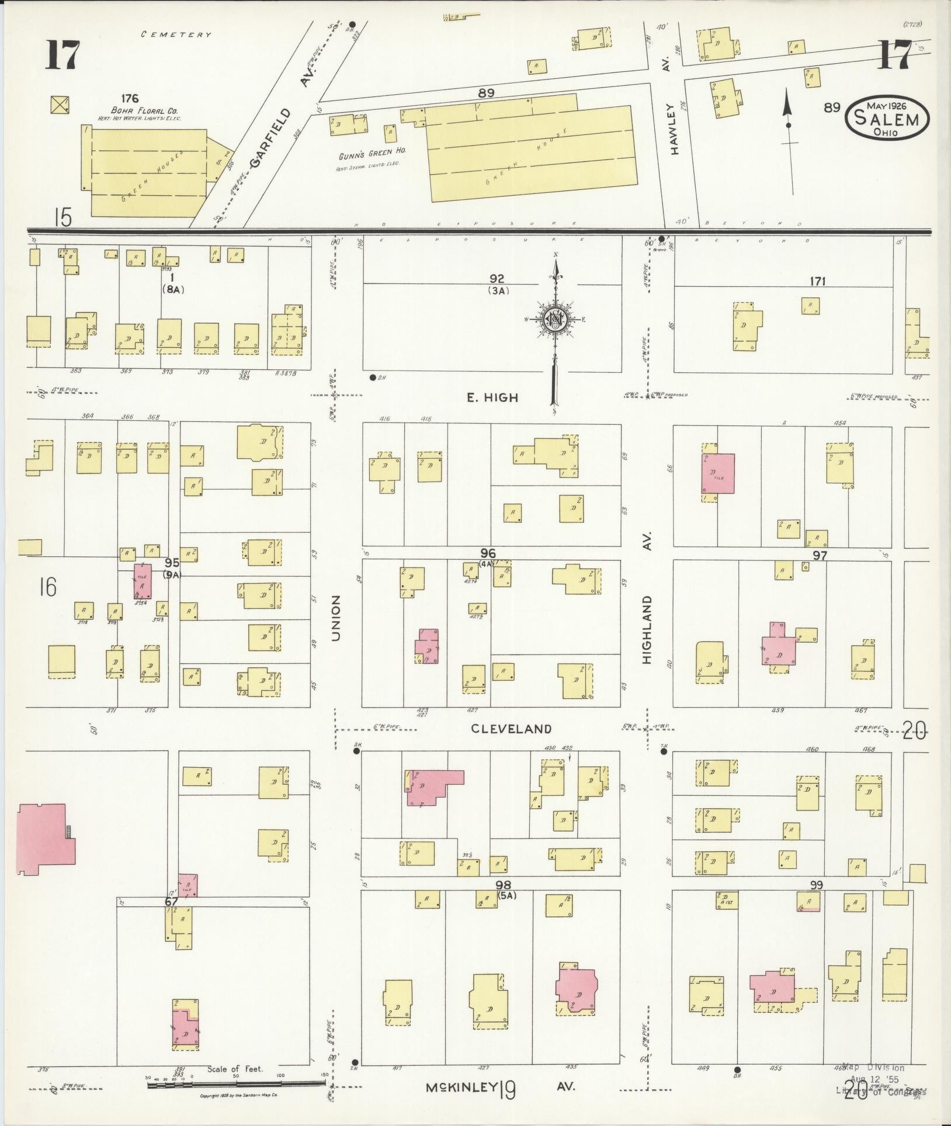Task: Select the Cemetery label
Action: coord(176,34)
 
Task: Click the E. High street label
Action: coord(492,398)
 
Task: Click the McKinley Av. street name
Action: coord(500,1087)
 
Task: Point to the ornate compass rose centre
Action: coord(553,319)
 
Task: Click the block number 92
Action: coord(497,279)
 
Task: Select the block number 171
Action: coord(817,281)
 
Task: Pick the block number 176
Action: coord(130,99)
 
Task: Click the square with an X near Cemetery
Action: coord(60,105)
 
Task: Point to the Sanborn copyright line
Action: coord(238,1096)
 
